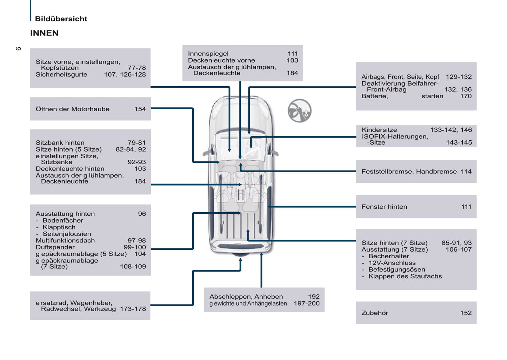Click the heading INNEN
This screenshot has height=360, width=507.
(x=44, y=33)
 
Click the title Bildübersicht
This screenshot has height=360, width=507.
(x=61, y=19)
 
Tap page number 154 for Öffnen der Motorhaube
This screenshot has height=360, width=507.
(x=140, y=109)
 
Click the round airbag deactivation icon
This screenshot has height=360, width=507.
(x=299, y=111)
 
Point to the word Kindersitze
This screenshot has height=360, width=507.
(x=379, y=130)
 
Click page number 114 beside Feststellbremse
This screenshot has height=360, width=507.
(x=466, y=172)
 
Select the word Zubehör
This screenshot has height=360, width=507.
(x=375, y=313)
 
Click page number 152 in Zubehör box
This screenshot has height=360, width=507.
(x=466, y=313)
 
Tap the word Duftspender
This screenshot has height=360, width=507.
(x=55, y=247)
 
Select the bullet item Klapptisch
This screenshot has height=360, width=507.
(x=59, y=227)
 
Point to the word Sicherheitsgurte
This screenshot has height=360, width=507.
(x=61, y=74)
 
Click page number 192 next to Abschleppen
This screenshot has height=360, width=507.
(x=314, y=297)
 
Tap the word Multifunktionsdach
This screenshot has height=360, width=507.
(x=65, y=241)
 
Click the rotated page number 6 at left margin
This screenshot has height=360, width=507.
(x=18, y=48)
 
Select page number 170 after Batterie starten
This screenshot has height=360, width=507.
(x=466, y=96)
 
